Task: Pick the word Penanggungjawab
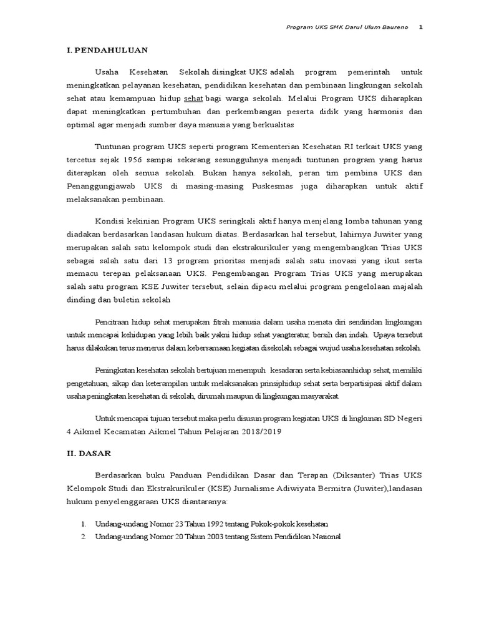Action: (99, 186)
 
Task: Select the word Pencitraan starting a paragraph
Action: (115, 322)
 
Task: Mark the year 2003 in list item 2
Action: (203, 537)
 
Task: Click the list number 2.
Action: (83, 537)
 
